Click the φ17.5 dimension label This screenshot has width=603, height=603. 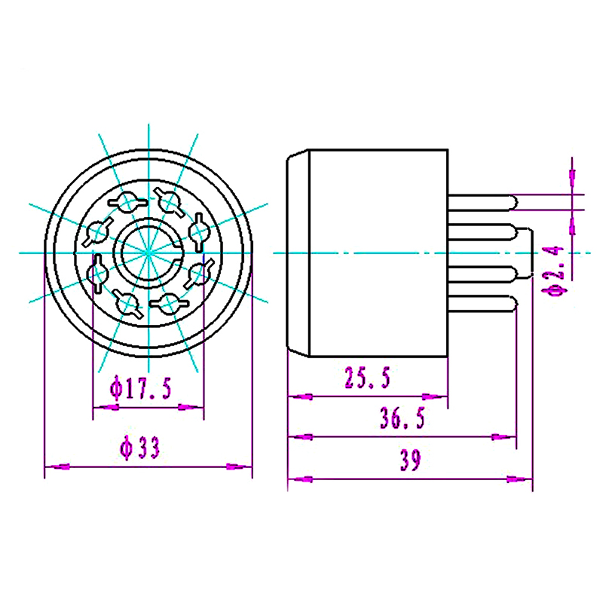point(141,389)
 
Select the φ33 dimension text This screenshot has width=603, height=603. point(140,449)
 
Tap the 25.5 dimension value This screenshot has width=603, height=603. point(367,378)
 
